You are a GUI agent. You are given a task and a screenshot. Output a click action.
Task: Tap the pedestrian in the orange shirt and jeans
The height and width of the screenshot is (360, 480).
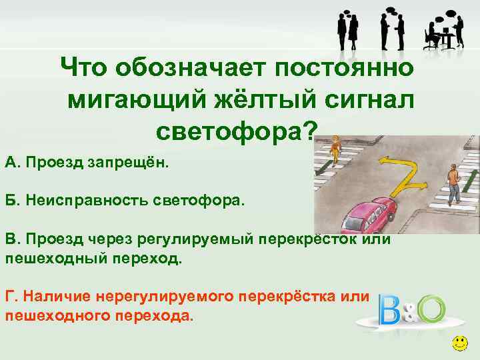coord(454,185)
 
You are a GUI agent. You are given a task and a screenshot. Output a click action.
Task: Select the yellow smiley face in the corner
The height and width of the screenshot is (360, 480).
coord(459,345)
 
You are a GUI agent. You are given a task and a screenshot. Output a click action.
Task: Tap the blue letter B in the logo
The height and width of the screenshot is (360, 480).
coord(389,310)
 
